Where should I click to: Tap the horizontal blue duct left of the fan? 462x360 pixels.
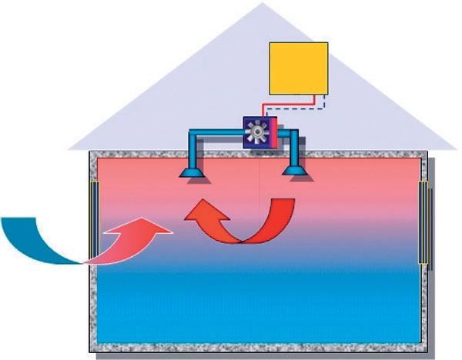pos(218,137)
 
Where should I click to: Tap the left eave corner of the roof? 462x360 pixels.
pos(70,148)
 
